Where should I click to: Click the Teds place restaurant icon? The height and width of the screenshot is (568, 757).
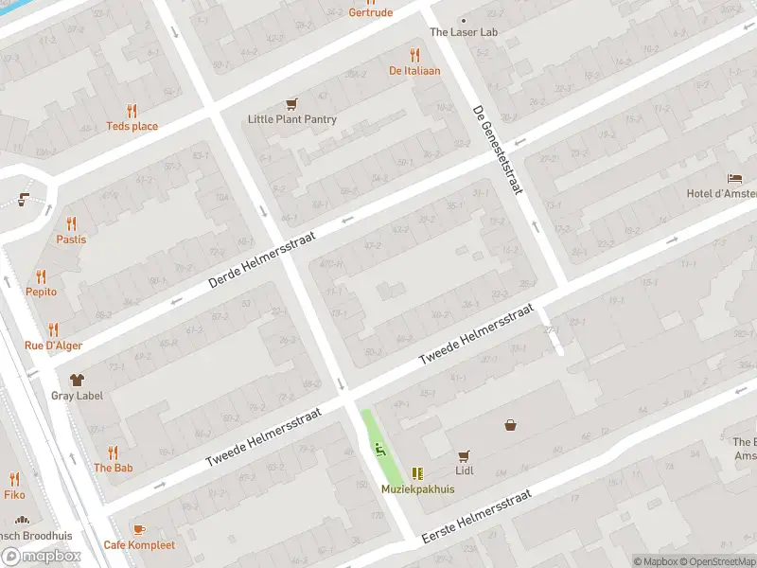(132, 111)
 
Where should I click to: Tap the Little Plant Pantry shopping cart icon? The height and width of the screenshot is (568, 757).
(292, 104)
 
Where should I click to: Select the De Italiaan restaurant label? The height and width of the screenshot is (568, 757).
(414, 70)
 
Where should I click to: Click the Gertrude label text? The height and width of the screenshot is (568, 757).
(370, 13)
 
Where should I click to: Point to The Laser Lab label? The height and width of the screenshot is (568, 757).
(464, 32)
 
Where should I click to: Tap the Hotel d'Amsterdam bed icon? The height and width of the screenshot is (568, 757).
(734, 178)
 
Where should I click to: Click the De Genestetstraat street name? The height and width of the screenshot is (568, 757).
(498, 150)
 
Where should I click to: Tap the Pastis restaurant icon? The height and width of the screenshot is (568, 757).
(71, 223)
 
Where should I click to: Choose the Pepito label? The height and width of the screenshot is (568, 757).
(41, 292)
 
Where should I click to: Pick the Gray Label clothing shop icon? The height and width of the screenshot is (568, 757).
(77, 380)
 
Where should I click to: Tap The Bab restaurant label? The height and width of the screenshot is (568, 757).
(113, 468)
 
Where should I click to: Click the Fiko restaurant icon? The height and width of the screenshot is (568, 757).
(14, 479)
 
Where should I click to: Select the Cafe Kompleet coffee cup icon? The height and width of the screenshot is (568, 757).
(139, 529)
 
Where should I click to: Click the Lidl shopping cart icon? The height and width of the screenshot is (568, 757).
(464, 455)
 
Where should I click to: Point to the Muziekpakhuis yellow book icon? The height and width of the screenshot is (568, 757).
(417, 473)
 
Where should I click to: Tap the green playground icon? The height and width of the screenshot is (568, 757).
(379, 450)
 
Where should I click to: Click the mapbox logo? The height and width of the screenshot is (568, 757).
(42, 557)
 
